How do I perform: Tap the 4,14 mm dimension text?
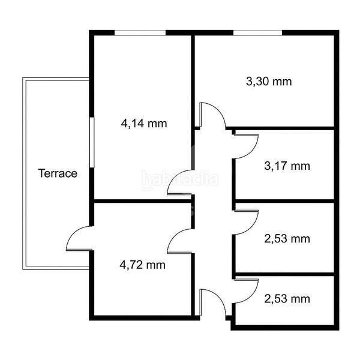tap(143, 124)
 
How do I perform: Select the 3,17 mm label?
tap(287, 166)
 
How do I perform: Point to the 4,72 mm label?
tap(143, 264)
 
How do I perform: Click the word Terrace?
tap(58, 174)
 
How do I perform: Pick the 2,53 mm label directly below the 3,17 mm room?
tap(287, 239)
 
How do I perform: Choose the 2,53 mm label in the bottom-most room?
tap(287, 298)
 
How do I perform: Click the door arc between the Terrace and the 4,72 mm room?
tap(78, 240)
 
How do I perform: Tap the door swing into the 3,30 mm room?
tap(211, 115)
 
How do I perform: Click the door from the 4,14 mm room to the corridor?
tap(180, 183)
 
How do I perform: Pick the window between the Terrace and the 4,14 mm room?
tap(92, 142)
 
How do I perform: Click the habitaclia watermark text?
tap(180, 178)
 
